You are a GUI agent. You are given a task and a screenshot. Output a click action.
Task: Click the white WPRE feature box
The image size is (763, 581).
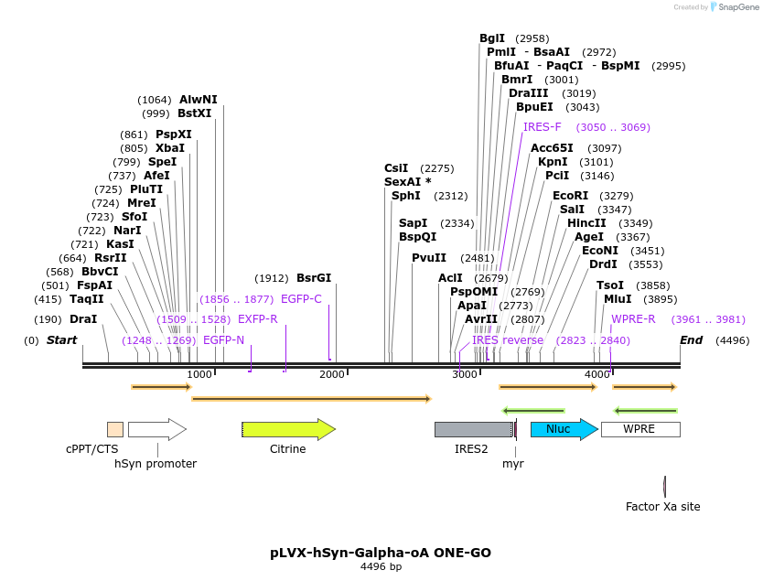click(x=639, y=429)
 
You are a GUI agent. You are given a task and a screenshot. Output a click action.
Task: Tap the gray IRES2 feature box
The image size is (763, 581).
click(x=472, y=429)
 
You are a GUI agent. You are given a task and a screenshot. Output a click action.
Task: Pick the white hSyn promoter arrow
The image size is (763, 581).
click(x=156, y=429)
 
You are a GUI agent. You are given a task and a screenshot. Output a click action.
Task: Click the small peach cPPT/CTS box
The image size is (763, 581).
click(x=115, y=429)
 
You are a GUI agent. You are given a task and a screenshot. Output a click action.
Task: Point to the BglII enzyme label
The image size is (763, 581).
click(x=492, y=38)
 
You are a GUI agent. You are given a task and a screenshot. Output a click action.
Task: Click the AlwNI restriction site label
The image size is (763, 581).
click(x=199, y=100)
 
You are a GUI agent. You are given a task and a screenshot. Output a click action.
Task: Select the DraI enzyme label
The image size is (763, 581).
click(x=83, y=319)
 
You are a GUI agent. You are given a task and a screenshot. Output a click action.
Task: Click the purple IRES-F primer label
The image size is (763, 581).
click(x=543, y=127)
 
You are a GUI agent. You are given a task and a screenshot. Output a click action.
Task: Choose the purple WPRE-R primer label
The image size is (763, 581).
click(x=633, y=319)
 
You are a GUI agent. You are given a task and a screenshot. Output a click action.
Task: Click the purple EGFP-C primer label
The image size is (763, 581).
click(x=301, y=299)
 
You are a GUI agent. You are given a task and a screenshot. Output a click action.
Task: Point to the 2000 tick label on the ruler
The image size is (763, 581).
click(x=331, y=374)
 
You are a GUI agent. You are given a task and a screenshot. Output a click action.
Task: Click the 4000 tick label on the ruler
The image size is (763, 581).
click(x=596, y=374)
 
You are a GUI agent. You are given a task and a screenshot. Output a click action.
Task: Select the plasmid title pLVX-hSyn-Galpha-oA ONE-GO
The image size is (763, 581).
click(x=381, y=553)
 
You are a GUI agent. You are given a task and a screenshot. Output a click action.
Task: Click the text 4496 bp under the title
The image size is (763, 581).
click(x=381, y=567)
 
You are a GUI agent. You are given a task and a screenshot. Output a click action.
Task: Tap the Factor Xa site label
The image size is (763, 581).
click(x=662, y=506)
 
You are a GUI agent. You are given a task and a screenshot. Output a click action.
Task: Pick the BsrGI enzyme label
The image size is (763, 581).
click(x=314, y=278)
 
